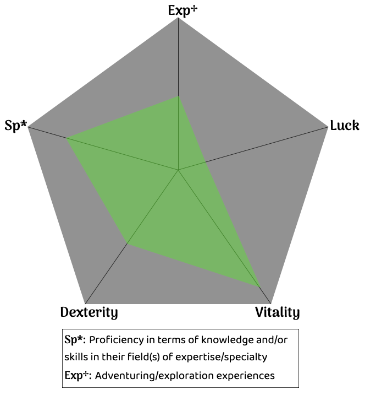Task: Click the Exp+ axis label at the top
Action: [182, 9]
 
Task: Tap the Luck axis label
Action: [345, 126]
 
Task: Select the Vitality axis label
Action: [277, 313]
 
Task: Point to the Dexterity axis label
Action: [89, 313]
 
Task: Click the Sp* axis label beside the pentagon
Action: [15, 125]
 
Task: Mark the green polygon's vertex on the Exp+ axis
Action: [179, 97]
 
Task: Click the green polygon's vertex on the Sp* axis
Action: [67, 138]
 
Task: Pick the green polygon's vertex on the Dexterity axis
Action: [128, 243]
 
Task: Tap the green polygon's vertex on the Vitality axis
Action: [259, 286]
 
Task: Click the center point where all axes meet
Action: [179, 170]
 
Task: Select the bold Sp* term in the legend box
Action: [75, 339]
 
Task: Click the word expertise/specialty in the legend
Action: [223, 357]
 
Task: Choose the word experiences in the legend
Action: [245, 376]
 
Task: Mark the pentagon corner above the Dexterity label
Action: [86, 304]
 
